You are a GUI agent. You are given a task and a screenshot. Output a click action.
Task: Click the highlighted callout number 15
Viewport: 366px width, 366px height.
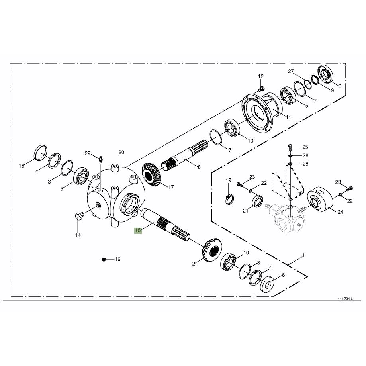[138, 230]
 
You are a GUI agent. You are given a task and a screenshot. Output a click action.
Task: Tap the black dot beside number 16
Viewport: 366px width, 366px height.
[104, 259]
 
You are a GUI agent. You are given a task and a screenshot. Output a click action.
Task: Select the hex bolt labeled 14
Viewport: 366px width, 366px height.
[79, 216]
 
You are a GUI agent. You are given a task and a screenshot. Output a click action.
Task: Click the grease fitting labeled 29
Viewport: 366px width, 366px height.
[101, 159]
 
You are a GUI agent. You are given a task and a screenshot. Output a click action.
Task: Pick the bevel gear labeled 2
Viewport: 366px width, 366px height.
[211, 250]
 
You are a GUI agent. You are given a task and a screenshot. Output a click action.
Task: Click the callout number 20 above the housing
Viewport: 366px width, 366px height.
[121, 152]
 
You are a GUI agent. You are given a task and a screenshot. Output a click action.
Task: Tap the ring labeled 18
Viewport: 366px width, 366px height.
[41, 153]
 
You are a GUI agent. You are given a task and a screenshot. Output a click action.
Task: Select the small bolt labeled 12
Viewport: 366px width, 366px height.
[261, 89]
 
